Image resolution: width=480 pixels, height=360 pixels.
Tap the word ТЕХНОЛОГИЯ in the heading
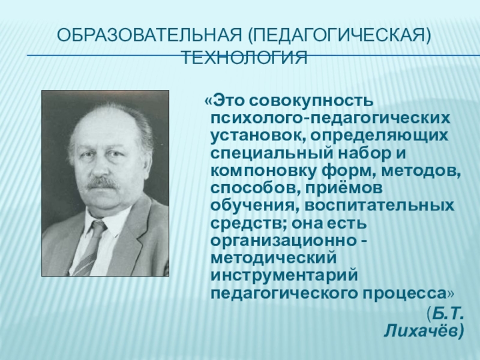tap(244, 57)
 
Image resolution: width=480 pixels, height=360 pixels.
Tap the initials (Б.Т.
tap(445, 313)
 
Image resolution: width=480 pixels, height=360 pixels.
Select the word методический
tap(272, 259)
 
